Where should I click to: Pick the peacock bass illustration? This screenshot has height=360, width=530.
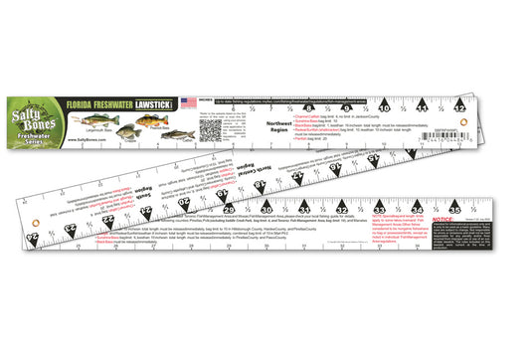click(x=149, y=118)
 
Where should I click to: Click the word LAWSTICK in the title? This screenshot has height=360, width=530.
click(x=158, y=100)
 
